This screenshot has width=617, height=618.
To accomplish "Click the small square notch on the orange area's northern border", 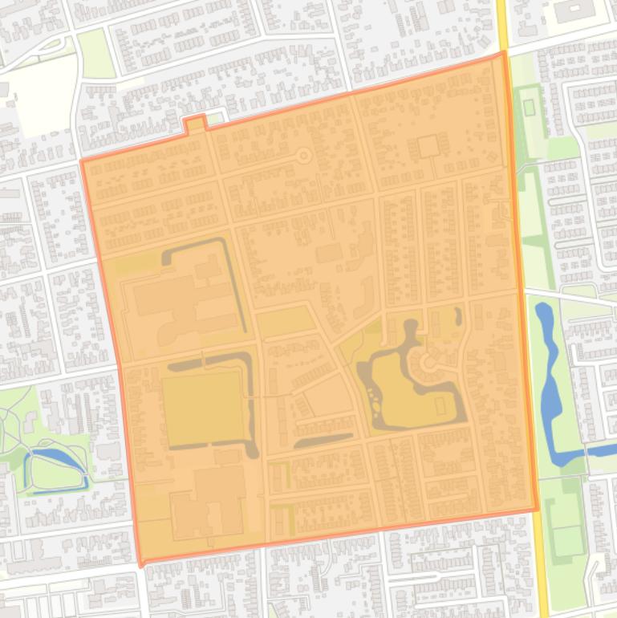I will pyautogui.click(x=195, y=123).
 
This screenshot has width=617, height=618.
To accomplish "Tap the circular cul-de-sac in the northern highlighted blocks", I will pyautogui.click(x=304, y=155).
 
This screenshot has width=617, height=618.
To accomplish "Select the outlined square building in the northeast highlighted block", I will pyautogui.click(x=428, y=146).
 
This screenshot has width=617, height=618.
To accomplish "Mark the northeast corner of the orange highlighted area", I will pyautogui.click(x=504, y=54).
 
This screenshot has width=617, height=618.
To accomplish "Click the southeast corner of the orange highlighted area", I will pyautogui.click(x=536, y=509).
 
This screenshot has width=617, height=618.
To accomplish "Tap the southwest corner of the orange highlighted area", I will pyautogui.click(x=142, y=564).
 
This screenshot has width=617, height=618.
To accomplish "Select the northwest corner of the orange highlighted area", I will pyautogui.click(x=82, y=161).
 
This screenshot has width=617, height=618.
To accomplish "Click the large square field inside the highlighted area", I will pyautogui.click(x=204, y=409).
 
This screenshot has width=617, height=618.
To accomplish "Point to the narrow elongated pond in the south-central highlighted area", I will pyautogui.click(x=323, y=440).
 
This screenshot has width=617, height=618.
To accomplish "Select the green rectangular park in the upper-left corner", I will pyautogui.click(x=97, y=54).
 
